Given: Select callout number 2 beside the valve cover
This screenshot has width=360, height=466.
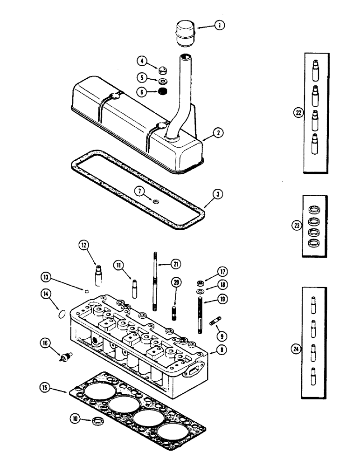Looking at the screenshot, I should [217, 133].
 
